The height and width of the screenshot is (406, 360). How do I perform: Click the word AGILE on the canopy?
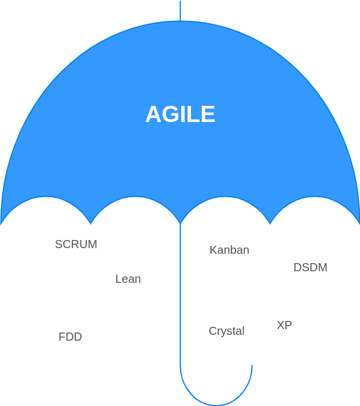point(180,115)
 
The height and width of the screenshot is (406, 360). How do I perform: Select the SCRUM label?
point(76,244)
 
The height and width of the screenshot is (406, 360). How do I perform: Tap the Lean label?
point(128,279)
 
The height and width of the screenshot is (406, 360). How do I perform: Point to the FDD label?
point(70,337)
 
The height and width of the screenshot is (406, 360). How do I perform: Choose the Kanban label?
point(229,250)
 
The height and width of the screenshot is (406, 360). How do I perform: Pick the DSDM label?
point(310,267)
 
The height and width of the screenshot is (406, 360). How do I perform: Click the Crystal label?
point(226,331)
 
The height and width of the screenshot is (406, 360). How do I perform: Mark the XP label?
point(284,325)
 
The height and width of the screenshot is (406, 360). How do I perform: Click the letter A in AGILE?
point(153,115)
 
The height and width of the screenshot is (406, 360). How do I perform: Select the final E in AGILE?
point(208,115)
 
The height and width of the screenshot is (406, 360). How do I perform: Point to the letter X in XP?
point(280,325)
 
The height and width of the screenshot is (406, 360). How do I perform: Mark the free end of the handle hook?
point(252,366)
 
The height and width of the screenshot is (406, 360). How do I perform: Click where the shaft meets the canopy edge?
point(180,223)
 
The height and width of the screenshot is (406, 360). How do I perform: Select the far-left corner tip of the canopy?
point(1,223)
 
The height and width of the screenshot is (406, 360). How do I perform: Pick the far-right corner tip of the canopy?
point(359,223)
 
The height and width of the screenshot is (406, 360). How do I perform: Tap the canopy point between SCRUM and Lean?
point(91,223)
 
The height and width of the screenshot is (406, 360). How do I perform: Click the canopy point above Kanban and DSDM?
point(270,223)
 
